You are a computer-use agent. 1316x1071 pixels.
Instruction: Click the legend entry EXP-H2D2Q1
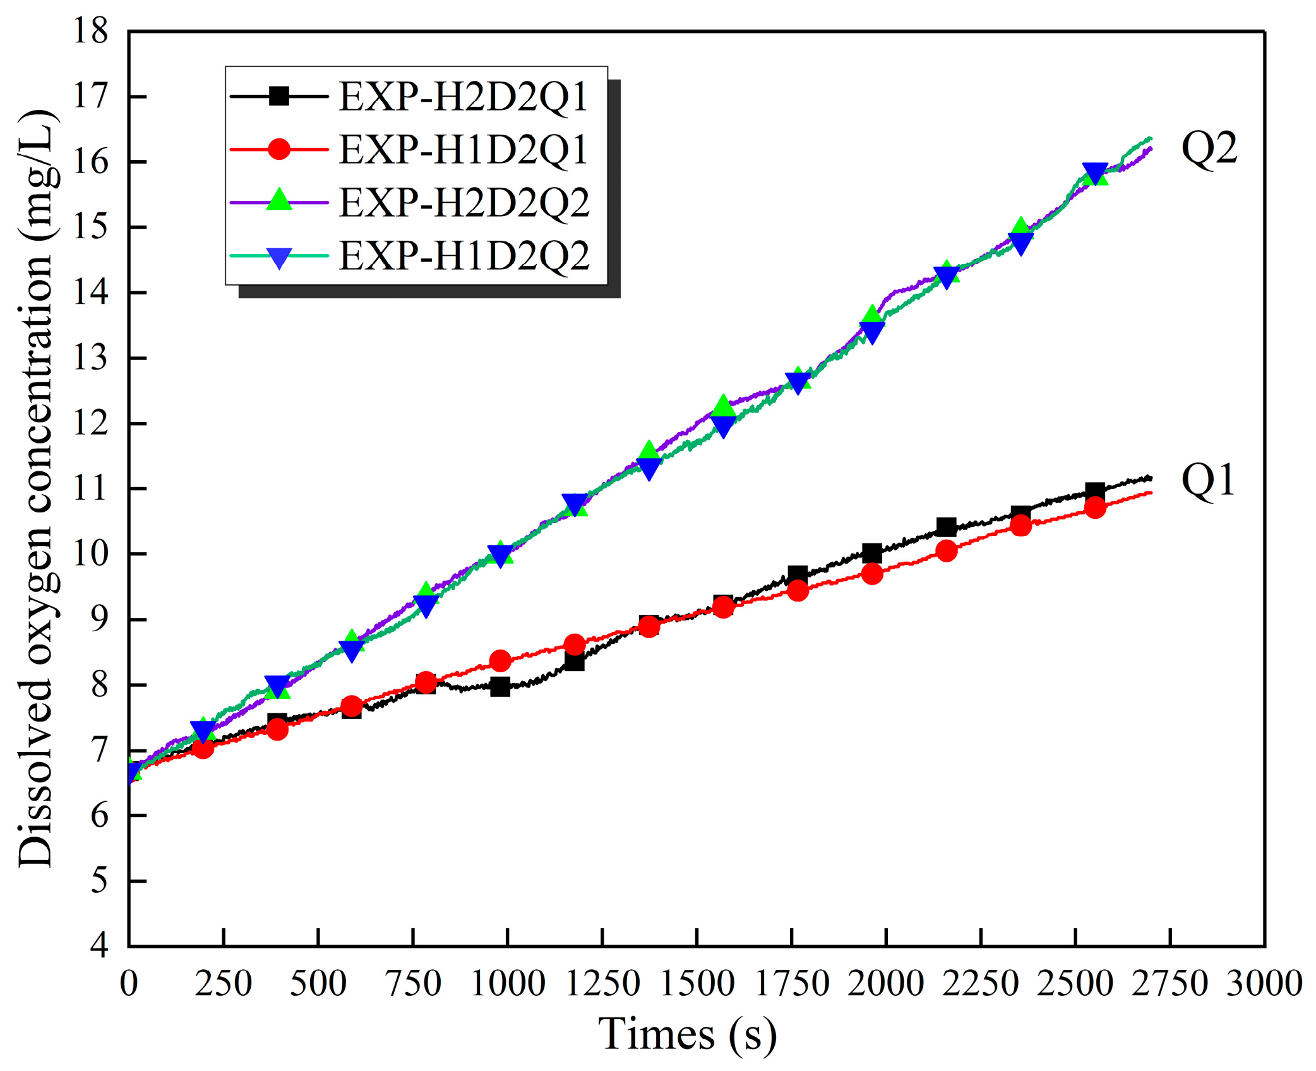tap(463, 97)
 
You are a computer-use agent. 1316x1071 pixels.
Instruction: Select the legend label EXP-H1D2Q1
tap(463, 150)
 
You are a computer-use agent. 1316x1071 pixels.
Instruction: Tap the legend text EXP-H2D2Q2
tap(464, 203)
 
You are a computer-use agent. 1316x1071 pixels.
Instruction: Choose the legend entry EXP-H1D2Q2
tap(464, 256)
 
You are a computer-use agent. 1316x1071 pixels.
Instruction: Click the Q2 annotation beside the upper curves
tap(1209, 149)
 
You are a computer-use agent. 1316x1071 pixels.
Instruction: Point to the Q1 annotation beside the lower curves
tap(1207, 480)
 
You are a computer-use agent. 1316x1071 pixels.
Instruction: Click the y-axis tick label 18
tap(90, 30)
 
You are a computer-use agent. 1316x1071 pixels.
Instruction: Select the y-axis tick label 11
tap(90, 488)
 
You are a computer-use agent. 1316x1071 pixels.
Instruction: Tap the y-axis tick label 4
tap(99, 946)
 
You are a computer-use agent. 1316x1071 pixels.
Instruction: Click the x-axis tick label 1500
tap(697, 984)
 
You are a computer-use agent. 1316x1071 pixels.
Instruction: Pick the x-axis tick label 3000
tap(1264, 984)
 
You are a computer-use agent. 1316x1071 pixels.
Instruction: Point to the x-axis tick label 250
tap(223, 984)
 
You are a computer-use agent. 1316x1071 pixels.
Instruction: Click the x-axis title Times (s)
tap(687, 1034)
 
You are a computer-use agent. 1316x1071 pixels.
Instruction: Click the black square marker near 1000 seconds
tap(500, 687)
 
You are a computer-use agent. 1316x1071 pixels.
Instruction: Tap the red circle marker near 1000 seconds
tap(500, 661)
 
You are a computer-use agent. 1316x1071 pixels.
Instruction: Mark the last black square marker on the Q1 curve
tap(1095, 491)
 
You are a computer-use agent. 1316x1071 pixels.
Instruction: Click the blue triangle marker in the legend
tap(278, 257)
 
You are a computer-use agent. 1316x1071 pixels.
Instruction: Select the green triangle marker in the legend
tap(278, 202)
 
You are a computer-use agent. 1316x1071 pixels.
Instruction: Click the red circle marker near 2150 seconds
tap(946, 551)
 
